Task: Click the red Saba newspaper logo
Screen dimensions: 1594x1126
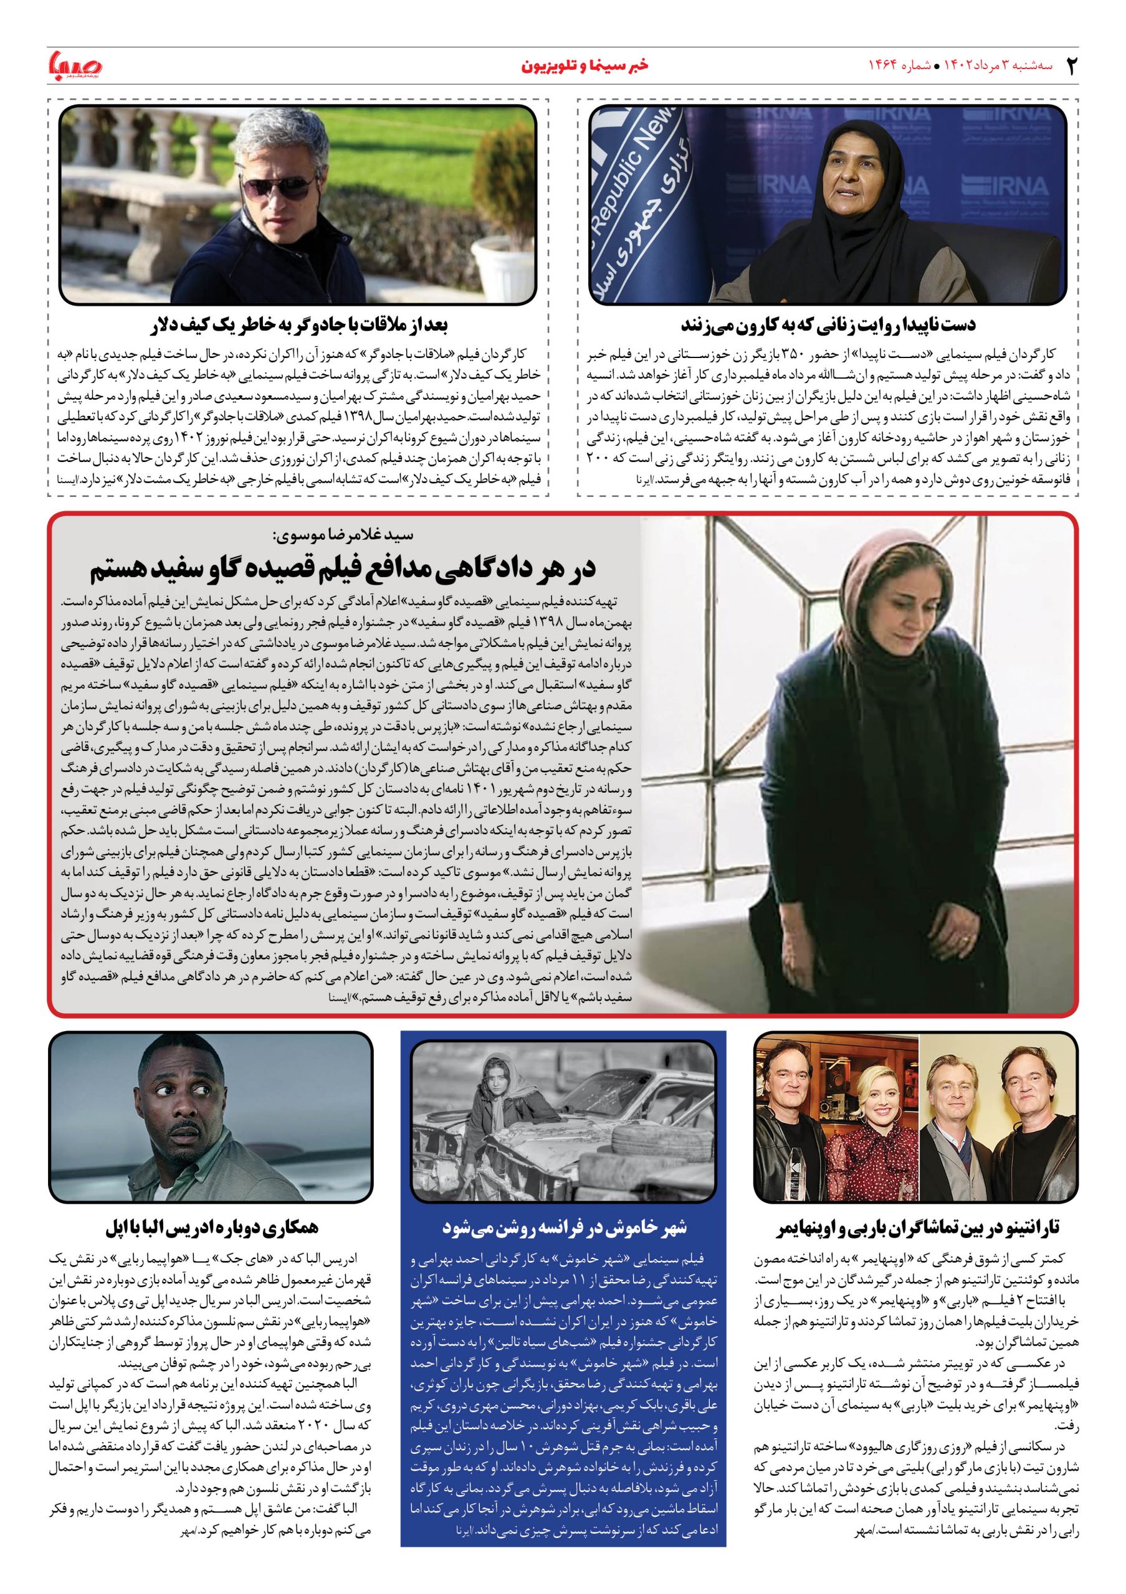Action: (x=75, y=66)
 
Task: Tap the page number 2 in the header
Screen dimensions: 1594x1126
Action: (x=1071, y=66)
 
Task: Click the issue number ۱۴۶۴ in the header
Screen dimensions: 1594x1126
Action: (x=886, y=66)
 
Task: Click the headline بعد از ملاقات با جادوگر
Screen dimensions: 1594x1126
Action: (x=298, y=325)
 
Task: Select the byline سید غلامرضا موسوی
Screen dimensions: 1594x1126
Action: (x=340, y=536)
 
